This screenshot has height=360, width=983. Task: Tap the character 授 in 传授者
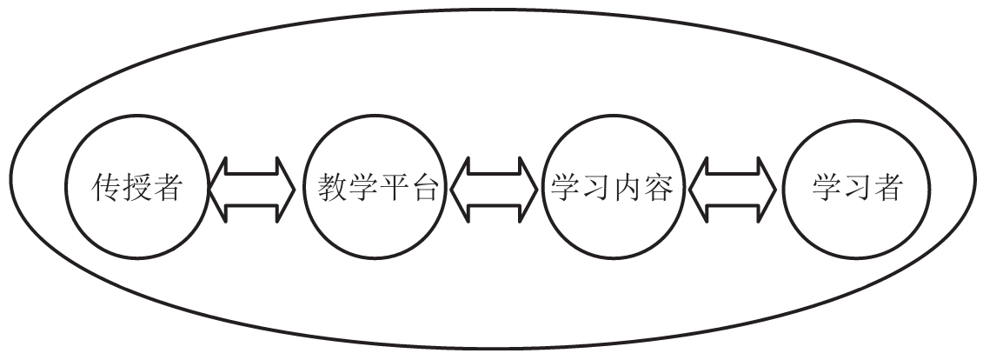[x=137, y=188]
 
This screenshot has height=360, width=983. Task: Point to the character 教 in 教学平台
[x=326, y=188]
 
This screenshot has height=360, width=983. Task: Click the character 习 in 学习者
[x=855, y=188]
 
